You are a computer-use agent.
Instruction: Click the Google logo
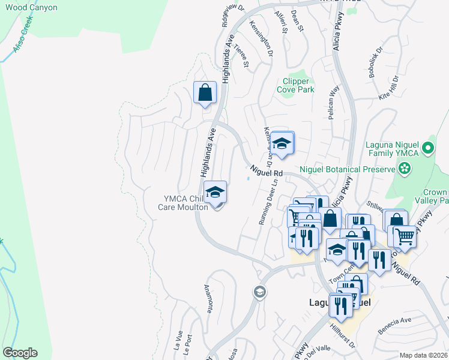pyautogui.click(x=20, y=353)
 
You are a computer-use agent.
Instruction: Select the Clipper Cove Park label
pyautogui.click(x=295, y=85)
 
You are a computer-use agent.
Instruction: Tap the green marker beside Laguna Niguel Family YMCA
pyautogui.click(x=428, y=147)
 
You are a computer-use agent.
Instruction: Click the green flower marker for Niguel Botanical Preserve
pyautogui.click(x=406, y=169)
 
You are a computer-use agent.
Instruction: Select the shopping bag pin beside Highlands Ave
pyautogui.click(x=205, y=93)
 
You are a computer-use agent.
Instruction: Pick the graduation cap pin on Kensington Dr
pyautogui.click(x=281, y=143)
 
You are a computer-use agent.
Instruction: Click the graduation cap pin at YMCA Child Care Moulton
pyautogui.click(x=214, y=193)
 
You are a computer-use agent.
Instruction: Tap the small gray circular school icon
pyautogui.click(x=259, y=292)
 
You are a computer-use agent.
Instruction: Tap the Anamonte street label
pyautogui.click(x=209, y=298)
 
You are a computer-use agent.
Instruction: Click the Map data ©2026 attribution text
pyautogui.click(x=423, y=355)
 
